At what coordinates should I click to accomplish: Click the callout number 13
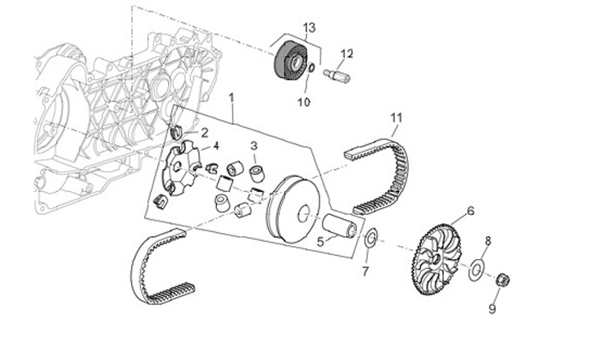(309, 28)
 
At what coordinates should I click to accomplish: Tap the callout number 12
(347, 53)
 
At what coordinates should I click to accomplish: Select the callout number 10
(303, 103)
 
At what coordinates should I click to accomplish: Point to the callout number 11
(397, 116)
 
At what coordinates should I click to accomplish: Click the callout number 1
(232, 98)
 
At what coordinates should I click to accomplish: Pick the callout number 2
(204, 131)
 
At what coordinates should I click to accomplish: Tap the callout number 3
(254, 145)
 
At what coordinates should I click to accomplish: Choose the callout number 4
(216, 146)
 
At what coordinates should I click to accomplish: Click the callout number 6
(470, 211)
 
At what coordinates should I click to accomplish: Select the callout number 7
(366, 270)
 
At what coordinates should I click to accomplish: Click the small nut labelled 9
(505, 281)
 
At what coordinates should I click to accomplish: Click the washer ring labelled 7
(370, 239)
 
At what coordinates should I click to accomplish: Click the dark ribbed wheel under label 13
(286, 61)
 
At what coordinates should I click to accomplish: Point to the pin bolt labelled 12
(338, 76)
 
